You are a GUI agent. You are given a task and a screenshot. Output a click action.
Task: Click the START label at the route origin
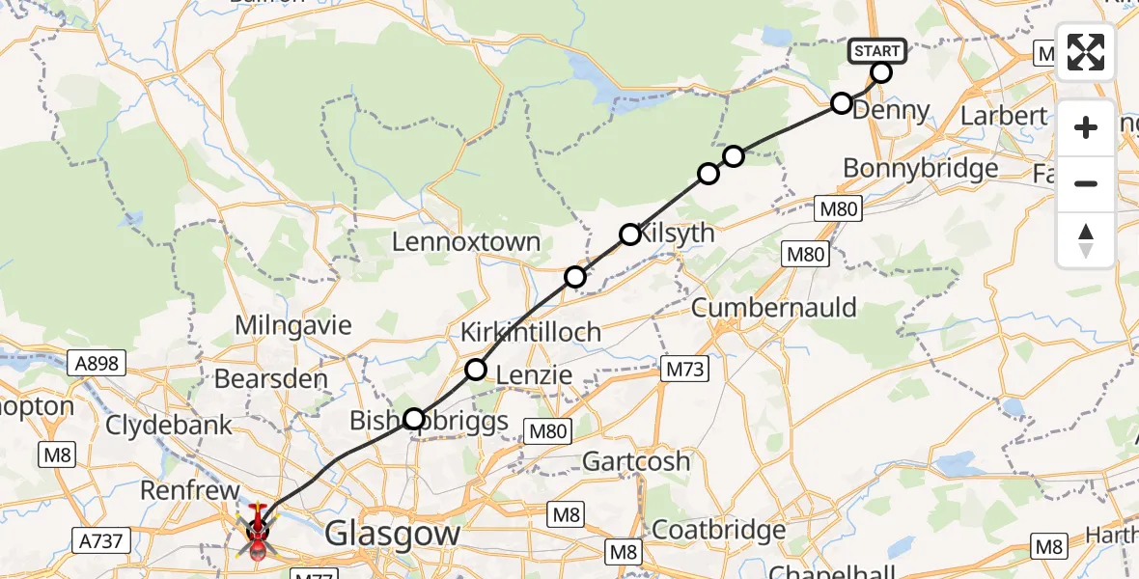876,51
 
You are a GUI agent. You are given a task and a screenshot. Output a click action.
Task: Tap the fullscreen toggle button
1086,52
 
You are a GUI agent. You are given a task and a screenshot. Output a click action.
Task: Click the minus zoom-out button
1086,183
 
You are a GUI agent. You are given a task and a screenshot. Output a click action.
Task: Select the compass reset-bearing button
1086,239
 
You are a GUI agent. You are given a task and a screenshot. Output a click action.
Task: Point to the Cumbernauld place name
775,308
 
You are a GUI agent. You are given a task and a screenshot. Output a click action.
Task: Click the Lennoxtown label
465,241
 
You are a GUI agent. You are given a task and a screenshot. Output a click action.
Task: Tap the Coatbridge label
719,530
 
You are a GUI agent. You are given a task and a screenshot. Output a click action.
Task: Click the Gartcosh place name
636,461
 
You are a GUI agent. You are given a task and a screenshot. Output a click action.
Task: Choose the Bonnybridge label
920,169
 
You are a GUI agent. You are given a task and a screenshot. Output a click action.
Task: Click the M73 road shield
686,369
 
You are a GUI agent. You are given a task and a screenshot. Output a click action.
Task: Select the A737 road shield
99,540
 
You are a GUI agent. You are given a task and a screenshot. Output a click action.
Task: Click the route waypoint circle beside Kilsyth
630,234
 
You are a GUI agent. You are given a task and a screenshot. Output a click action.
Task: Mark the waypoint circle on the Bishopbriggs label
414,419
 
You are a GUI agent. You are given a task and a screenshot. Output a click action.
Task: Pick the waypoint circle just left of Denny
842,103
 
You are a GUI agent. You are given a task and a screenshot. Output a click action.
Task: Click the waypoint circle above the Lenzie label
477,369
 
